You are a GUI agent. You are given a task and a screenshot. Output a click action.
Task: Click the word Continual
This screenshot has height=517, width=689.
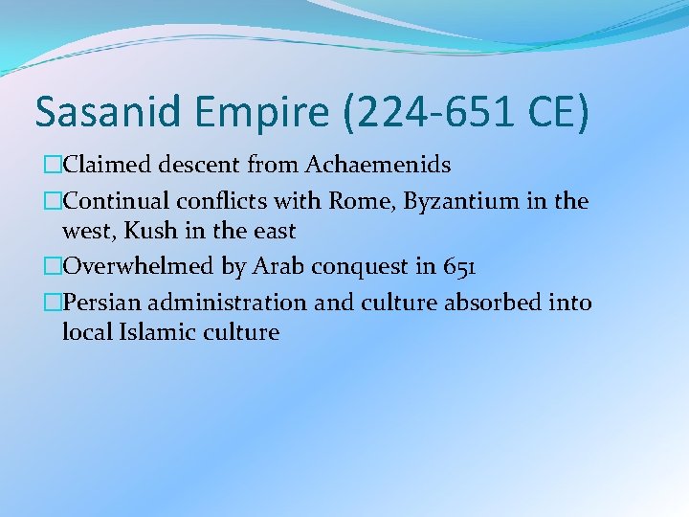[x=116, y=201]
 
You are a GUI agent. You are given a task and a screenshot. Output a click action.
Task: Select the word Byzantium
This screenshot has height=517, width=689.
[x=466, y=202]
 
